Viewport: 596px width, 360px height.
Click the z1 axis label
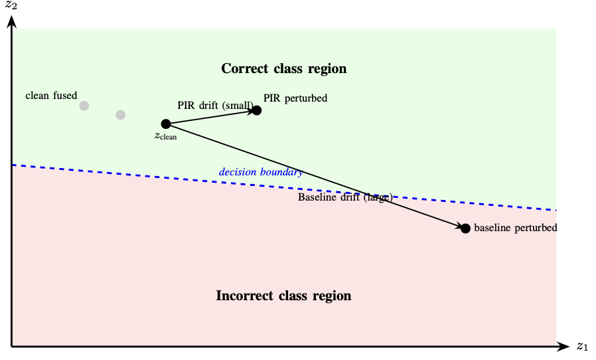[x=582, y=346]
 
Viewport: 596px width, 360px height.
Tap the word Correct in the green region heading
[x=244, y=68]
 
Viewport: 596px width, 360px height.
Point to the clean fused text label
[x=51, y=96]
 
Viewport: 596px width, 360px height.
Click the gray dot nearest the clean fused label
[x=84, y=106]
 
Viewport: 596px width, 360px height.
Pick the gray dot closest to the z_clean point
[x=120, y=115]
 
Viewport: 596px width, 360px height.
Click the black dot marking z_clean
[x=166, y=124]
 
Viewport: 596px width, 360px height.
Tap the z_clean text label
[x=165, y=136]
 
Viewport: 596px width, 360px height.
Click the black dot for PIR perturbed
[x=257, y=110]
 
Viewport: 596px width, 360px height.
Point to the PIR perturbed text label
[x=295, y=98]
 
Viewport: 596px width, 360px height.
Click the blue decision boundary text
[x=261, y=173]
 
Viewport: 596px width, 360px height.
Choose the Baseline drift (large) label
[x=345, y=197]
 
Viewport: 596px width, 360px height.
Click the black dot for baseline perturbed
[x=465, y=228]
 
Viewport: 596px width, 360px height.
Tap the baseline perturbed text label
[x=515, y=228]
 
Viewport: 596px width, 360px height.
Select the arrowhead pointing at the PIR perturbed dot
[x=253, y=111]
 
